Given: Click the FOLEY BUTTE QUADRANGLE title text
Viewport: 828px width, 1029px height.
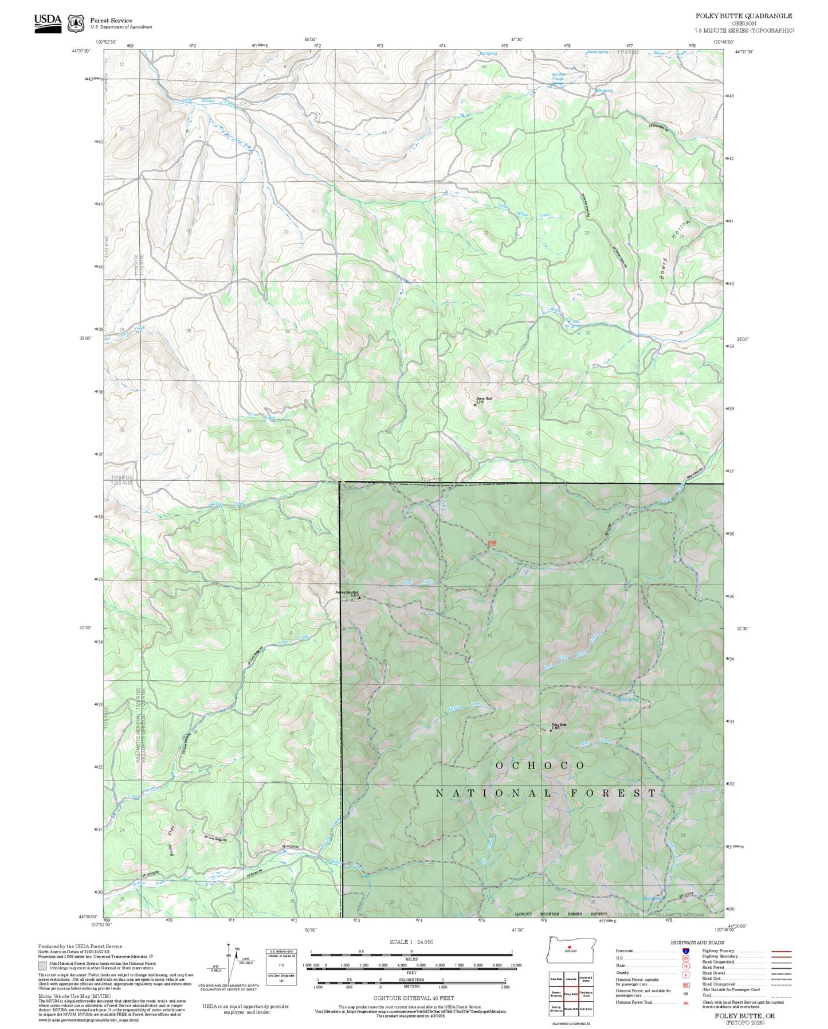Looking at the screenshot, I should pyautogui.click(x=744, y=16).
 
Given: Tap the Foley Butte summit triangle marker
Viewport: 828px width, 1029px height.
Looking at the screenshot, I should pyautogui.click(x=551, y=731).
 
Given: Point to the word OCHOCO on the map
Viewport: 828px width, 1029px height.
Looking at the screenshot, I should pyautogui.click(x=540, y=766).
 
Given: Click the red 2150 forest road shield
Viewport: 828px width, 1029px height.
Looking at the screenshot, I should pyautogui.click(x=492, y=543).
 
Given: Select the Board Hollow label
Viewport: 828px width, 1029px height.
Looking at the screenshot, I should pyautogui.click(x=675, y=250).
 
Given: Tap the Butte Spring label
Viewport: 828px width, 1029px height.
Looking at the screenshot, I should pyautogui.click(x=628, y=699).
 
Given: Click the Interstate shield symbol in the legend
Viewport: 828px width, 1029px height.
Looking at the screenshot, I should pyautogui.click(x=685, y=950).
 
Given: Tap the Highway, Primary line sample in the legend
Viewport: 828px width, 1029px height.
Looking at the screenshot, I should pyautogui.click(x=782, y=951).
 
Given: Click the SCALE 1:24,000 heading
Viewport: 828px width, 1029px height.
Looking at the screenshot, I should pyautogui.click(x=411, y=942).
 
